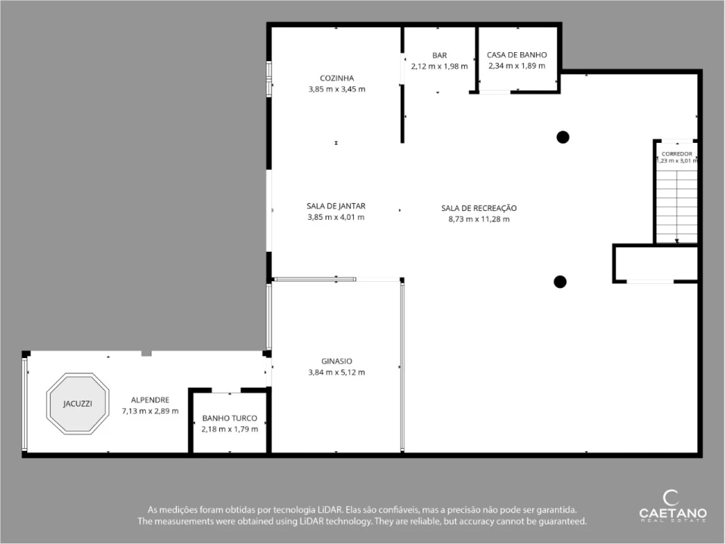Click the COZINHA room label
(336, 78)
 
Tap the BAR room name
(439, 55)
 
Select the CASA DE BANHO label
(517, 55)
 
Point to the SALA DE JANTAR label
(336, 206)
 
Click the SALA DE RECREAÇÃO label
(479, 208)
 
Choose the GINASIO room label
(336, 361)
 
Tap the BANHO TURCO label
(230, 419)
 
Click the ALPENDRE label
(150, 400)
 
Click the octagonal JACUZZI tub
(78, 403)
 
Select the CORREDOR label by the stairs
(677, 154)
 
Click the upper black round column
(562, 138)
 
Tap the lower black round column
(560, 282)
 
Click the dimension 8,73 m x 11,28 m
(479, 219)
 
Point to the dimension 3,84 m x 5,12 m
(336, 372)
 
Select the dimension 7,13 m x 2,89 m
(150, 411)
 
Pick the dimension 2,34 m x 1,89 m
(517, 66)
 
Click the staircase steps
(677, 206)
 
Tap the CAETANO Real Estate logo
(673, 506)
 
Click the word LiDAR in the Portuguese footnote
(330, 510)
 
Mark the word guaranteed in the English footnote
(562, 521)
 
